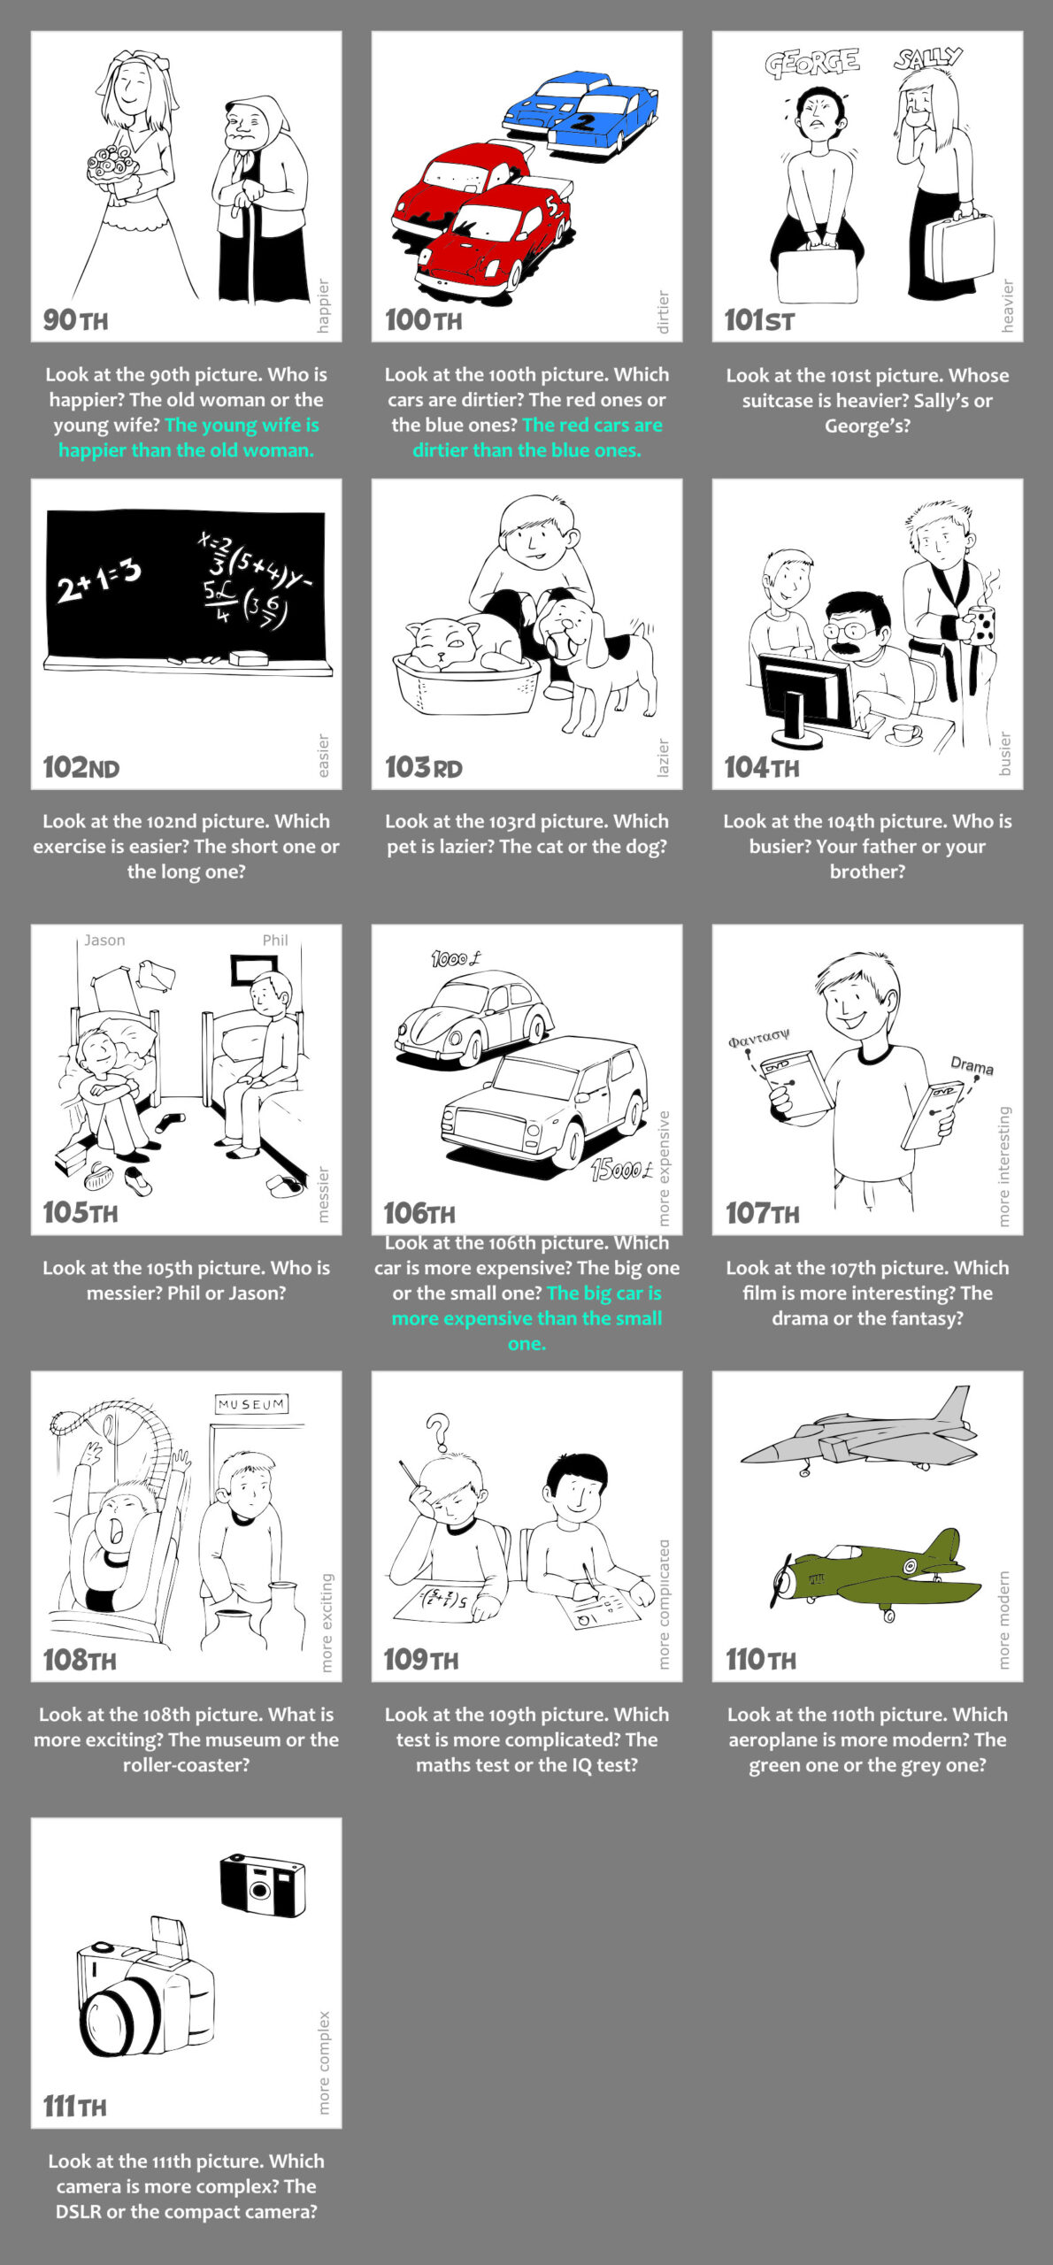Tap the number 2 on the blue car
(x=584, y=122)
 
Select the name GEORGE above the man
(x=812, y=63)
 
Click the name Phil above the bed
(x=275, y=940)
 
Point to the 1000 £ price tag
(x=457, y=958)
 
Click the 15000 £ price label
(x=622, y=1171)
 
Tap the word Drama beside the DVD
(x=972, y=1065)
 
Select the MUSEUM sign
(x=251, y=1404)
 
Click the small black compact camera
(x=263, y=1885)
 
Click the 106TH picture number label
(x=419, y=1212)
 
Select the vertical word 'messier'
(x=323, y=1194)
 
